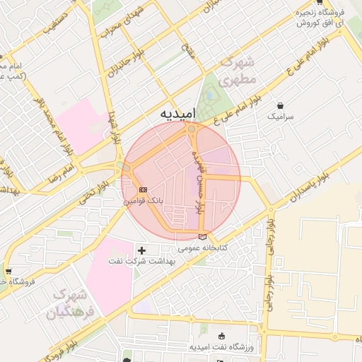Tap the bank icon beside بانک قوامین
[143, 189]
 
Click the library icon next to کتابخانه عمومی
[204, 237]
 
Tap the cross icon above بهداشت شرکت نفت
[142, 250]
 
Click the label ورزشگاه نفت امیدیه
[222, 348]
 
